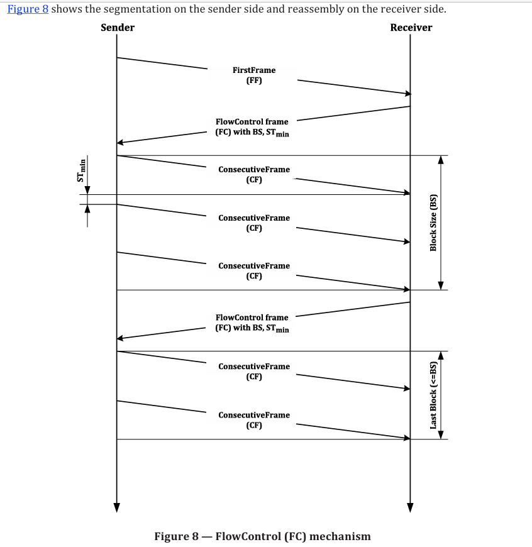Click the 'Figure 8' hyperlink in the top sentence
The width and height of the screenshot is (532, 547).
click(x=28, y=9)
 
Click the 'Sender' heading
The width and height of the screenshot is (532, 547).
click(x=118, y=28)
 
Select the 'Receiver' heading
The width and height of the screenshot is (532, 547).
click(x=411, y=28)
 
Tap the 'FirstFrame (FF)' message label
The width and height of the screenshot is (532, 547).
click(x=254, y=75)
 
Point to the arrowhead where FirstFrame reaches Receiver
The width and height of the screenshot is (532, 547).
click(x=408, y=94)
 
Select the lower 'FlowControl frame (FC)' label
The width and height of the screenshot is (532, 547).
click(x=252, y=323)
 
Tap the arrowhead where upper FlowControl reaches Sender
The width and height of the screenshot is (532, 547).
click(x=120, y=142)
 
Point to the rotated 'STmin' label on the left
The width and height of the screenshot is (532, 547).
click(x=81, y=170)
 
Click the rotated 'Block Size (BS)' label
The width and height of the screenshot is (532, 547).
click(x=433, y=223)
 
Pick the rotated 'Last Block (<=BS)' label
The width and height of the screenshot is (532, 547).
click(x=433, y=395)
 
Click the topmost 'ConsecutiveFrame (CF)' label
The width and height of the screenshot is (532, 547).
click(x=254, y=174)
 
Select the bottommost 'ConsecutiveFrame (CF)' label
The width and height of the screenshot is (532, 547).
click(x=254, y=420)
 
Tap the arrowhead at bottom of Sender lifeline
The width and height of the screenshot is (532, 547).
click(x=117, y=508)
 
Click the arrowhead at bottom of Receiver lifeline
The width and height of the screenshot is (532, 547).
click(x=410, y=508)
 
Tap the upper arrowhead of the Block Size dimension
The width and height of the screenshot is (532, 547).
click(x=441, y=160)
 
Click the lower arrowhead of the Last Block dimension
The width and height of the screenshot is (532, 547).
click(x=441, y=434)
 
